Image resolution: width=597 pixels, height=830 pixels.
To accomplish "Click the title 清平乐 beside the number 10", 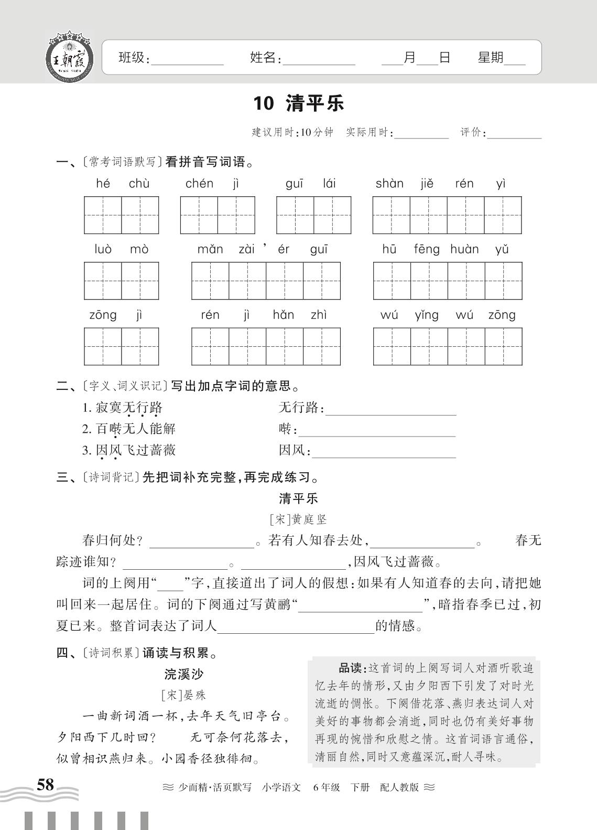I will pyautogui.click(x=314, y=103).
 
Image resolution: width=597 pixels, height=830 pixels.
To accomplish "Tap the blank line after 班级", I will pyautogui.click(x=187, y=62).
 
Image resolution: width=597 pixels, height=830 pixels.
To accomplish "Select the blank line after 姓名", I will pyautogui.click(x=319, y=62).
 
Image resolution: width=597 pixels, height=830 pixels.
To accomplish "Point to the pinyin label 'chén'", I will pyautogui.click(x=200, y=184).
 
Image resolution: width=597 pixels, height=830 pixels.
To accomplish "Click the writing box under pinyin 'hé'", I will pyautogui.click(x=103, y=215).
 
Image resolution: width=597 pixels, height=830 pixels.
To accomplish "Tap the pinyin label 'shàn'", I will pyautogui.click(x=389, y=184).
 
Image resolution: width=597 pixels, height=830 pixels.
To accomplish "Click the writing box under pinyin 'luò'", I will pyautogui.click(x=103, y=281).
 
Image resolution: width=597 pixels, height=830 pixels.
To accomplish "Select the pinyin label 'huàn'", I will pyautogui.click(x=464, y=249).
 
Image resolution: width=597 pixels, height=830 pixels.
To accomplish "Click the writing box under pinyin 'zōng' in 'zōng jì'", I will pyautogui.click(x=103, y=346).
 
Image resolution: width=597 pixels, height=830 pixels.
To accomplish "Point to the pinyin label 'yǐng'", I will pyautogui.click(x=427, y=315).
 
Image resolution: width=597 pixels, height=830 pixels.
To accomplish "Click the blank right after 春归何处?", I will pyautogui.click(x=202, y=544).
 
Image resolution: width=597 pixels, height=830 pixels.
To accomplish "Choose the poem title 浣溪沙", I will pyautogui.click(x=183, y=674).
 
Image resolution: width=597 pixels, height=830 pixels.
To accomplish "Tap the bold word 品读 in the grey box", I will pyautogui.click(x=350, y=668).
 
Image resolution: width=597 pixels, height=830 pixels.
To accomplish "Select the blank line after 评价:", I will pyautogui.click(x=515, y=135).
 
